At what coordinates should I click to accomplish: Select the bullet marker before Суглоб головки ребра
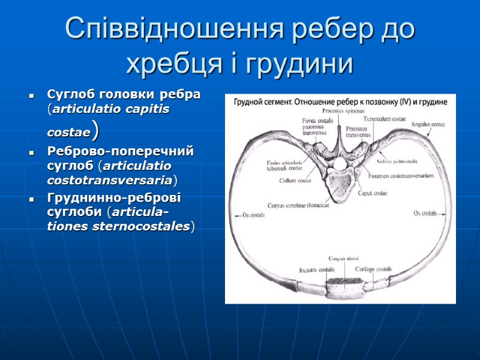tap(31, 96)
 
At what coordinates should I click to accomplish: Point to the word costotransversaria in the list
tap(109, 179)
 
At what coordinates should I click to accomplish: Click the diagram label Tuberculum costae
tap(385, 119)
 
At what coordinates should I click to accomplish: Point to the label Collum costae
tap(295, 180)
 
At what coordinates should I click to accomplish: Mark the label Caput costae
tap(373, 193)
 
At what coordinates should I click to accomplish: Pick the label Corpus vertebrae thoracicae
tap(299, 205)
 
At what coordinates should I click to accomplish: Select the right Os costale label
tap(424, 214)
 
